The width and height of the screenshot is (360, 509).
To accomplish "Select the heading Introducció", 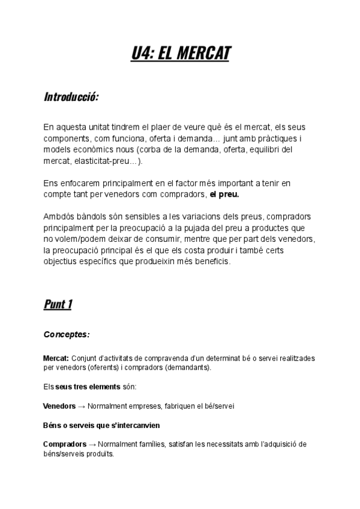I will (71, 97).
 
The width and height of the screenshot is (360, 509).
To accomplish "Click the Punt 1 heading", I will (58, 304).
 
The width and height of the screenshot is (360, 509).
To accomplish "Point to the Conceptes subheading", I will (66, 334).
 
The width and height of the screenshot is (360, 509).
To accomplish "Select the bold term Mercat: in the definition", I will (56, 358).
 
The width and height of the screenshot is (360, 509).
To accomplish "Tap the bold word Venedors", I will (59, 406).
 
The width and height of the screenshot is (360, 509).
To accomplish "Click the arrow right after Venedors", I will (81, 406).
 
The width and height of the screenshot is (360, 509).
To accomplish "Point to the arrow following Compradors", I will (92, 444).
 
